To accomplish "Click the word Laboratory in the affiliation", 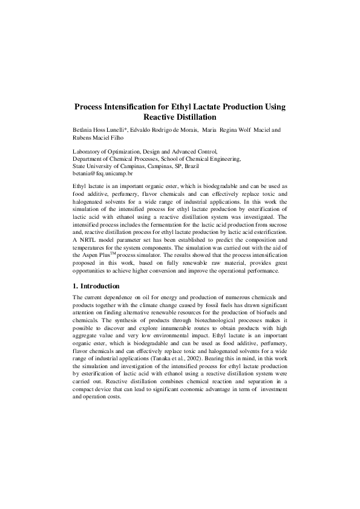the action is pos(88,151).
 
